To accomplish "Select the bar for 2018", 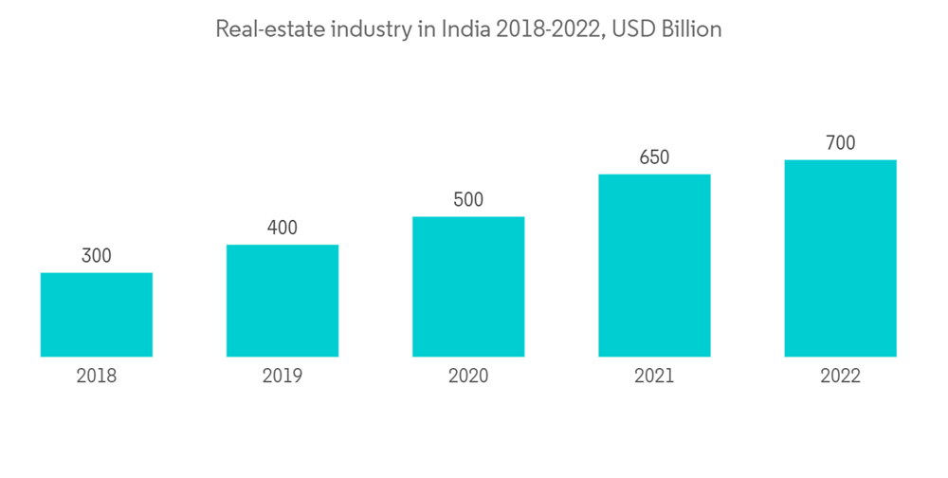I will pos(97,315).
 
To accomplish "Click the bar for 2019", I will pos(283,301).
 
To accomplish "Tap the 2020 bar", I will pos(468,286).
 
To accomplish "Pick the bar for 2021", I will pos(654,266).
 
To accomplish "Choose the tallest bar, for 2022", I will pos(840,258).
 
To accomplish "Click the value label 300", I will pos(97,256).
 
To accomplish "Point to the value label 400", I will pos(283,228).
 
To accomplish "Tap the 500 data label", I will pos(468,200).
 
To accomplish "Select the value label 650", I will pos(654,157).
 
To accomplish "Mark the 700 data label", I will pos(840,143).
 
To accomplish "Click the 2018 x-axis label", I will pos(97,377).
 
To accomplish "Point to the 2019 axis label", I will pos(283,377).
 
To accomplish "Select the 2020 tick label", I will pos(468,377).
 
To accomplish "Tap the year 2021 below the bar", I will pos(654,377).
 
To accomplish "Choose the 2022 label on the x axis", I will pos(840,377).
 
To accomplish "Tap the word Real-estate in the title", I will pos(268,29).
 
